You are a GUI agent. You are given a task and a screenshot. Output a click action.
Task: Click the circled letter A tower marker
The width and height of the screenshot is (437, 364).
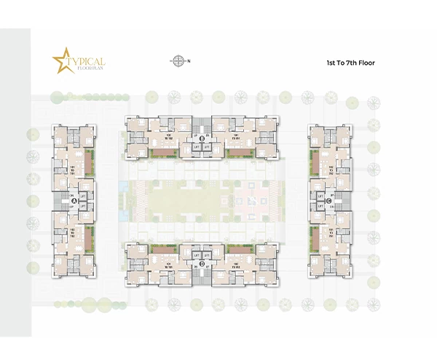coord(74,203)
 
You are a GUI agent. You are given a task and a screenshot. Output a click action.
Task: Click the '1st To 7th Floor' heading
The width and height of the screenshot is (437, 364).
coord(350,63)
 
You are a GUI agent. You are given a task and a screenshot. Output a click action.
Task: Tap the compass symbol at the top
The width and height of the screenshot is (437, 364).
coord(178,61)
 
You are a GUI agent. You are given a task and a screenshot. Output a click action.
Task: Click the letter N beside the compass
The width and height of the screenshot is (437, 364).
coord(189,61)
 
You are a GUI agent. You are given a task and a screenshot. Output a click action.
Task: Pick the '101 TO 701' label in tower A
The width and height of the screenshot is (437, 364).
coord(74,169)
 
